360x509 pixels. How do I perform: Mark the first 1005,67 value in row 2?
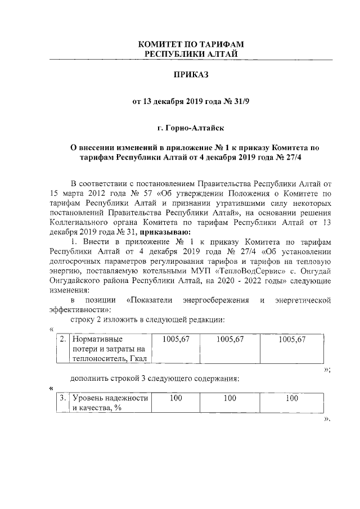(x=175, y=339)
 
